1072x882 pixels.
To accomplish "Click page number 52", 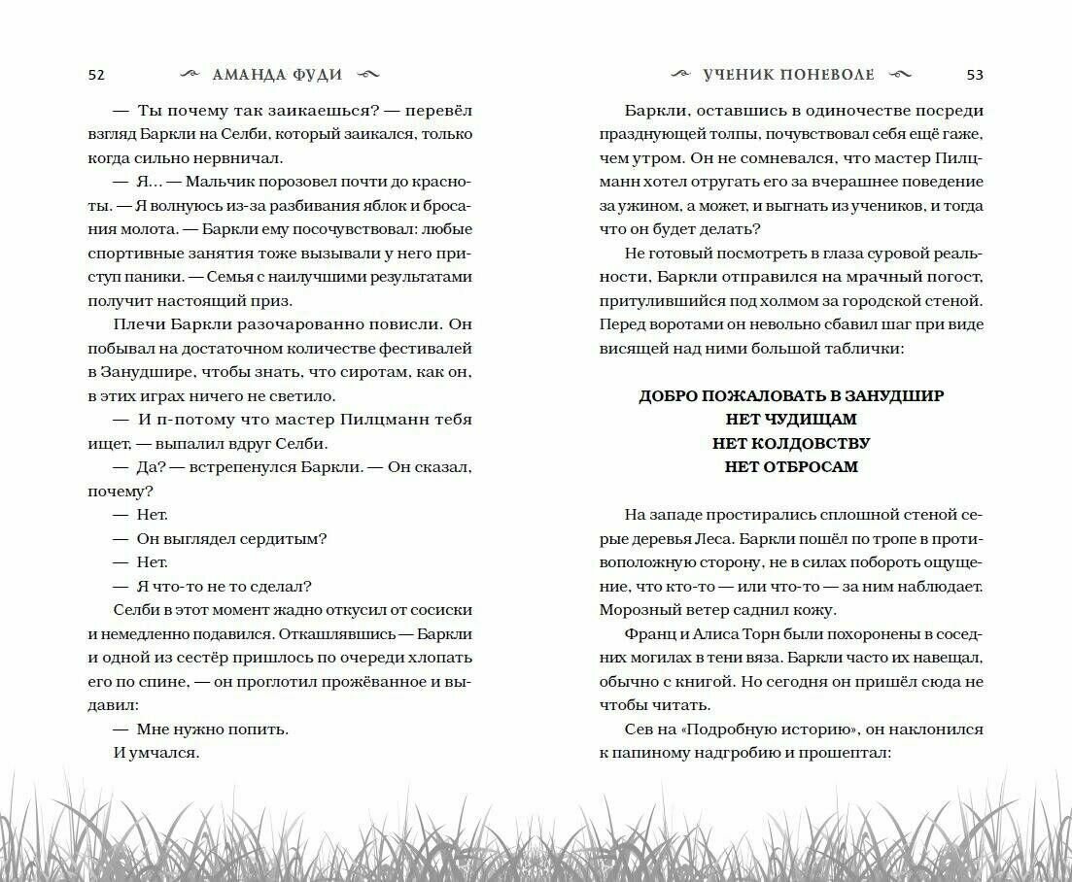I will [x=95, y=75].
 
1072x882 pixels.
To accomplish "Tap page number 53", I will [x=975, y=75].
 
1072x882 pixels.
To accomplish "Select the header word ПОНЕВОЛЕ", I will [x=824, y=75].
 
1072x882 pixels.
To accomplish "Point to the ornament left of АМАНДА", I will [x=194, y=75].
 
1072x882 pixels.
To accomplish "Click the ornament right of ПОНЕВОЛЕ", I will [x=900, y=75].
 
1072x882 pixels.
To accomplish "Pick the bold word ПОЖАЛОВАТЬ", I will [x=744, y=396].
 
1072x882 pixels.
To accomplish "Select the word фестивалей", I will [x=426, y=347].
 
